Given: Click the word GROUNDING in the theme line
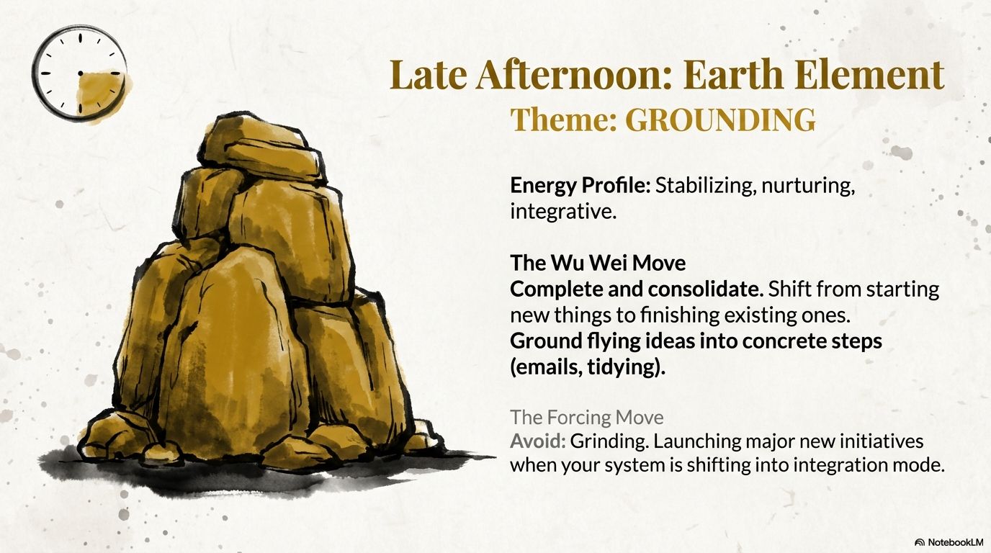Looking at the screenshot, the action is tap(719, 120).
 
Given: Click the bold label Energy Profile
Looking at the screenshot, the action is tap(580, 186).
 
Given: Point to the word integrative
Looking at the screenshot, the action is tap(563, 212).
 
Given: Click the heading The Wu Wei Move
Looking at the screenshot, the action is tap(598, 264).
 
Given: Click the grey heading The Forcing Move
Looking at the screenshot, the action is tap(587, 417).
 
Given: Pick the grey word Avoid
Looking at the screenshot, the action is tap(537, 441).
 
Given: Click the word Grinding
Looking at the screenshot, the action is tap(609, 442).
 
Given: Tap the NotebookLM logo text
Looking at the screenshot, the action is tap(954, 542).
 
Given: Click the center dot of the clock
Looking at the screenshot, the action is tap(80, 73).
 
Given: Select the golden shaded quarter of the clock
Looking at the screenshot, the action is tap(102, 94).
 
